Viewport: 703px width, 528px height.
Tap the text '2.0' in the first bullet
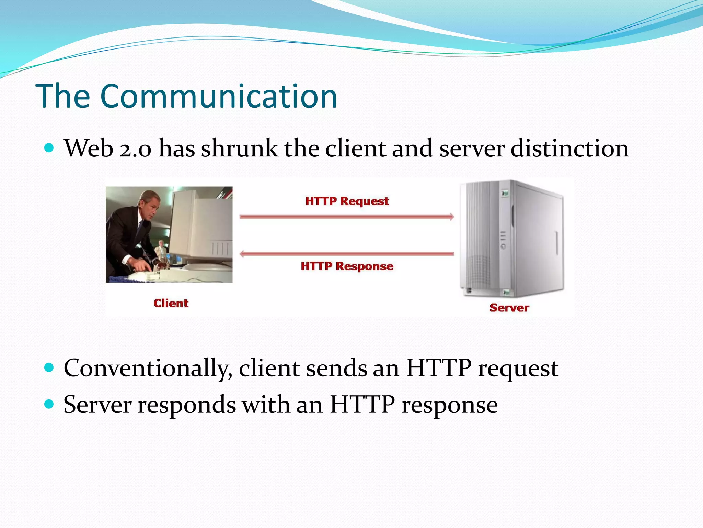coord(135,149)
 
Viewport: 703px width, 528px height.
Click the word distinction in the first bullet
coord(569,148)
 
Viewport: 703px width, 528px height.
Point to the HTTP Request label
coord(347,201)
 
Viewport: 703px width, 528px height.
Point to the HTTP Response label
coord(347,266)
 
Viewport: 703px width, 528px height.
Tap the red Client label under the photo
coord(171,303)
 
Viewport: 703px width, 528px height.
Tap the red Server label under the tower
coord(509,308)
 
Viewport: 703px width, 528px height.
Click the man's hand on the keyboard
coord(140,265)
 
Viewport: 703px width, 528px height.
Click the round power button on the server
coord(503,246)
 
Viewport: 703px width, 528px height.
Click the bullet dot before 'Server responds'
coord(49,404)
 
